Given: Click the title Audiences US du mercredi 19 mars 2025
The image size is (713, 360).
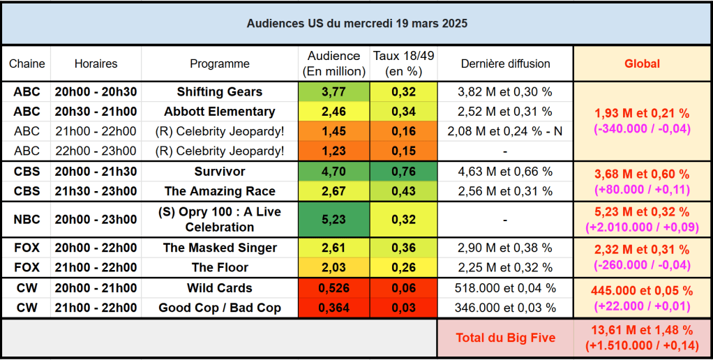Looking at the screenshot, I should (x=356, y=24).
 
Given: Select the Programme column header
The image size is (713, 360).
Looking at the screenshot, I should (x=220, y=63).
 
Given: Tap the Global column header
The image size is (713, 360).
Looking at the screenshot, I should (x=642, y=63).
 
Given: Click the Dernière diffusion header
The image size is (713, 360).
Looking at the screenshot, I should (x=505, y=63).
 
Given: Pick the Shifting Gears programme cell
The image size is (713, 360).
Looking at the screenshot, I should (x=220, y=92).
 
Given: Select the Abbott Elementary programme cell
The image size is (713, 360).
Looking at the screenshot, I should (x=220, y=112).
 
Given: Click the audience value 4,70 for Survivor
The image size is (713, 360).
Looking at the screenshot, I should (x=333, y=172).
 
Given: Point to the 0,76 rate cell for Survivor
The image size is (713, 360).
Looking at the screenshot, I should (x=404, y=172).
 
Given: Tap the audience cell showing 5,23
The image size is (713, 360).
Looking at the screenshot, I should (x=333, y=220).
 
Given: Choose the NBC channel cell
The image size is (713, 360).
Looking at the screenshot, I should (x=27, y=220).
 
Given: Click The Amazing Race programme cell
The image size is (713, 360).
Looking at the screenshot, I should (x=220, y=191).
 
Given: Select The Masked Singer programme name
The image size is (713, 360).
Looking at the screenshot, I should (x=220, y=248).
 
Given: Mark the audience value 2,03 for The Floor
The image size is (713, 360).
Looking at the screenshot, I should (x=333, y=267).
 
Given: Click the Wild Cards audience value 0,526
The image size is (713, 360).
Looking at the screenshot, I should (x=333, y=288).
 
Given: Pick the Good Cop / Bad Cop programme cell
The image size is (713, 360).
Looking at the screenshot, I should (x=220, y=308).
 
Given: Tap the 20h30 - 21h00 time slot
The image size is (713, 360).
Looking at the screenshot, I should (x=96, y=112).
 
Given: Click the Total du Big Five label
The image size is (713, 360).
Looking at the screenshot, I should (x=505, y=338).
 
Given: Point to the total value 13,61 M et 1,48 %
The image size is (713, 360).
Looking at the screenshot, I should (x=643, y=331).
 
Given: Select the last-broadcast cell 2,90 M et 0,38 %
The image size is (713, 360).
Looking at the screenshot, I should (x=505, y=248).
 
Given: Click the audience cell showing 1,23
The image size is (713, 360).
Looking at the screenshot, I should (x=333, y=151).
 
